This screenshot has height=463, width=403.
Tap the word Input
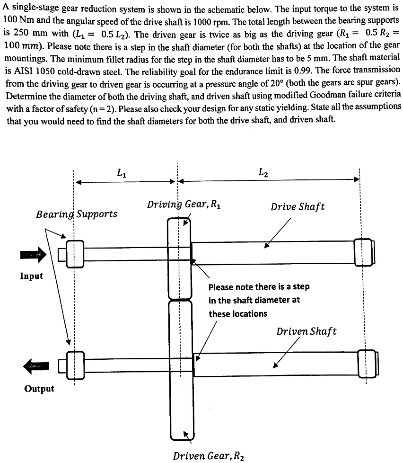[x=31, y=276]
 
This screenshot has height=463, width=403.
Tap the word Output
[x=39, y=389]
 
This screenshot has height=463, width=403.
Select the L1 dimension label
[x=122, y=174]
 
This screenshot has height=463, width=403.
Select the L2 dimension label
[x=264, y=173]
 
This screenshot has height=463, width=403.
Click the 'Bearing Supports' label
[x=77, y=214]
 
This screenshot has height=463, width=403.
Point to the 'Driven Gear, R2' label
[x=209, y=456]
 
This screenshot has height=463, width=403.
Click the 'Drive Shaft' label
[x=298, y=207]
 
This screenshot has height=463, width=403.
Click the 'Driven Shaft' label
[x=307, y=331]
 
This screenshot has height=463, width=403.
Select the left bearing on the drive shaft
[x=75, y=254]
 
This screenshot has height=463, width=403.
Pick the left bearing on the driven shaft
[x=75, y=365]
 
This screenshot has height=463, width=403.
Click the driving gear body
[x=179, y=258]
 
